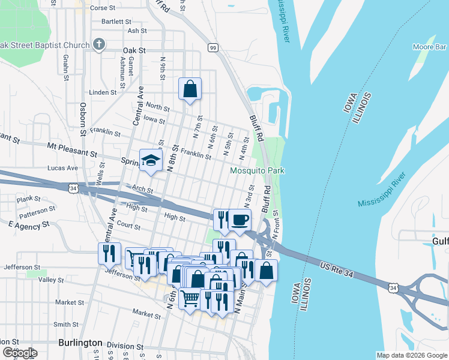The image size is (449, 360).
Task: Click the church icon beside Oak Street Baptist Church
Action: point(100,44)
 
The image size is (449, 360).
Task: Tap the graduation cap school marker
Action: point(151,160)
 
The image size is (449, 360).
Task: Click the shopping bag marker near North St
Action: point(190,89)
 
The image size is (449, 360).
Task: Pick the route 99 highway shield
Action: point(212,47)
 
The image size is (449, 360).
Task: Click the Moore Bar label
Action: point(429,47)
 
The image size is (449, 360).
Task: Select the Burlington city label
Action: point(80,343)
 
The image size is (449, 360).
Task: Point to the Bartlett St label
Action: point(116,21)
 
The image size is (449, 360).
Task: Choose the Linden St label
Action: point(103,92)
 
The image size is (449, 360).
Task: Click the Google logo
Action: point(19,353)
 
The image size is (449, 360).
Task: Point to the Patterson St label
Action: point(37,211)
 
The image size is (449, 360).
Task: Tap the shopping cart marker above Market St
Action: point(190,298)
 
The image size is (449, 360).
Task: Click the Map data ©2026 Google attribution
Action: point(411,355)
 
